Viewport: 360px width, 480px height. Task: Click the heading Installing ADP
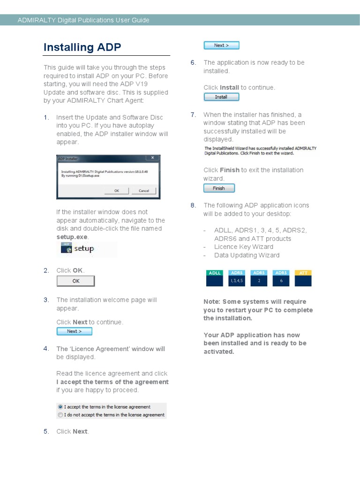(82, 47)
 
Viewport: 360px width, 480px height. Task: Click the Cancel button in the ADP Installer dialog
(143, 191)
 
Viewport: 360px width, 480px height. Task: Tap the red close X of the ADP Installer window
(152, 158)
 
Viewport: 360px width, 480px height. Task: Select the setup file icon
(67, 249)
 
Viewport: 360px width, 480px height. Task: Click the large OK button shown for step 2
(75, 281)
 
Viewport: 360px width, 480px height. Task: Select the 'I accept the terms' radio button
(60, 407)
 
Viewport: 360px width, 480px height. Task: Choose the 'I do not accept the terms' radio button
(60, 415)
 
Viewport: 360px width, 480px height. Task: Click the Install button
(221, 97)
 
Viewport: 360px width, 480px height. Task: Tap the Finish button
(218, 188)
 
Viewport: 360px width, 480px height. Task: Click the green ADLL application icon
(215, 278)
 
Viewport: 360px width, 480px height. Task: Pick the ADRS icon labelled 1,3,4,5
(236, 278)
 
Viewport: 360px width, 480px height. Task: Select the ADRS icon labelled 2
(259, 278)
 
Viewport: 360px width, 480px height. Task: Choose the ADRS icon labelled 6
(281, 278)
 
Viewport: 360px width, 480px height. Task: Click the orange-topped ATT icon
(303, 278)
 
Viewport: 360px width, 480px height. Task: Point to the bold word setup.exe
(72, 237)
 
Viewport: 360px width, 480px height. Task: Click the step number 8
(193, 205)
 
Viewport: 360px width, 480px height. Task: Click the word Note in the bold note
(211, 302)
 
